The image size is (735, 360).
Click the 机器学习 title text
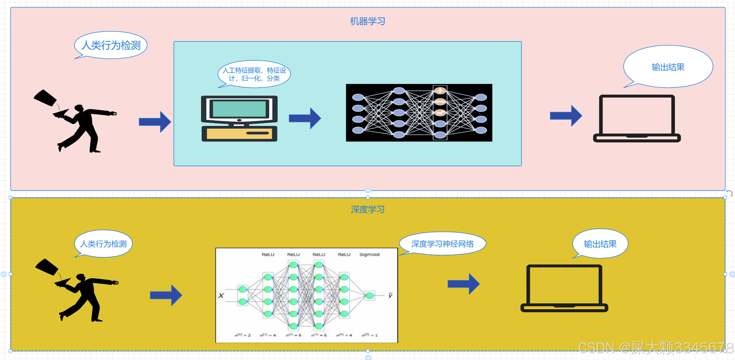[x=367, y=21]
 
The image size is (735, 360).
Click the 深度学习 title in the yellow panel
[x=367, y=209]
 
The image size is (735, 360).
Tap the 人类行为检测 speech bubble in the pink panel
[x=111, y=45]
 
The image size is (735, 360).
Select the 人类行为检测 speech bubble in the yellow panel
[x=103, y=244]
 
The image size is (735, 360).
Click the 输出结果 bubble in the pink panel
[x=668, y=67]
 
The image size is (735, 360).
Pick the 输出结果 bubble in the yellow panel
[x=600, y=244]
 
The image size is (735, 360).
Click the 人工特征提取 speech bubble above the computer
[x=254, y=74]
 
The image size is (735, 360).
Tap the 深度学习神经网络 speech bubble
[x=442, y=244]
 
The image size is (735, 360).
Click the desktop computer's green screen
[x=239, y=109]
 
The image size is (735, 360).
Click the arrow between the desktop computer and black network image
[x=305, y=118]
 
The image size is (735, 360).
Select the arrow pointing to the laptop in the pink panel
[x=566, y=116]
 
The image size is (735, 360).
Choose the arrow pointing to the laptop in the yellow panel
[x=463, y=284]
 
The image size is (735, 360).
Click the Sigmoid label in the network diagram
[x=369, y=254]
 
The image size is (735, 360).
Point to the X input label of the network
[x=221, y=295]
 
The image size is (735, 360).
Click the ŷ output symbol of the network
[x=390, y=295]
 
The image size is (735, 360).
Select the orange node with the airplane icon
[x=440, y=91]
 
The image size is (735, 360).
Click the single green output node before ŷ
[x=369, y=295]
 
